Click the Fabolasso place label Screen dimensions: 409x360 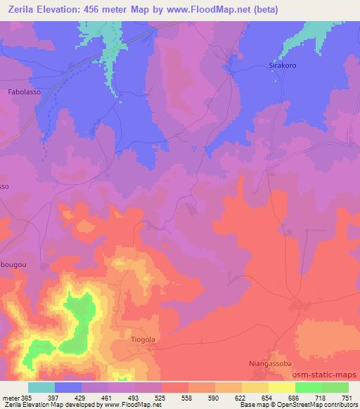point(23,92)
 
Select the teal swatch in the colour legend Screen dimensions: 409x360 point(41,387)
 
